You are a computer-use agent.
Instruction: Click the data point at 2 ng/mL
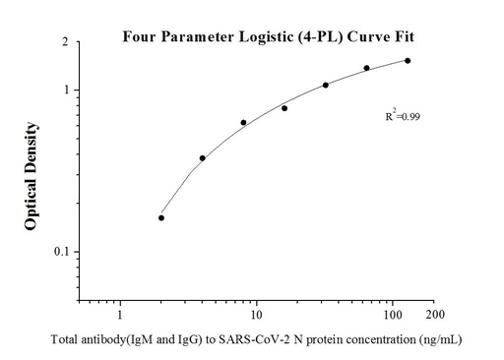click(x=161, y=217)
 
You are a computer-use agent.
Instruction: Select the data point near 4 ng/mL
click(x=203, y=157)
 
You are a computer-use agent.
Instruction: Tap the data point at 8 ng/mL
click(x=243, y=123)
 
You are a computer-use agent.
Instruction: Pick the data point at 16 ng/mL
click(x=284, y=108)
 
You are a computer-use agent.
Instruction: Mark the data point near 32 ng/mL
click(x=326, y=85)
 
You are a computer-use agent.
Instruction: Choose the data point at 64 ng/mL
click(x=366, y=68)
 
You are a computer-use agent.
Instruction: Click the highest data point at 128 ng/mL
click(x=408, y=60)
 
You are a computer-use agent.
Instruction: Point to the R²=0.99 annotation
click(x=403, y=117)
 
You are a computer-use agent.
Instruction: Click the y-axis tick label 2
click(x=65, y=43)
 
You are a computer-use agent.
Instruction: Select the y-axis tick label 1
click(x=65, y=90)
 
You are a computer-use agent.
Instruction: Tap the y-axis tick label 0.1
click(x=61, y=252)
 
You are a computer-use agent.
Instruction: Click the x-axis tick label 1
click(x=120, y=316)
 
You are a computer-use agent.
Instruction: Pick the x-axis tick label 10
click(x=256, y=316)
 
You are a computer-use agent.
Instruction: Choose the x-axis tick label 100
click(x=393, y=316)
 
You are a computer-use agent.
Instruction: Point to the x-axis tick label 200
click(x=434, y=316)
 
